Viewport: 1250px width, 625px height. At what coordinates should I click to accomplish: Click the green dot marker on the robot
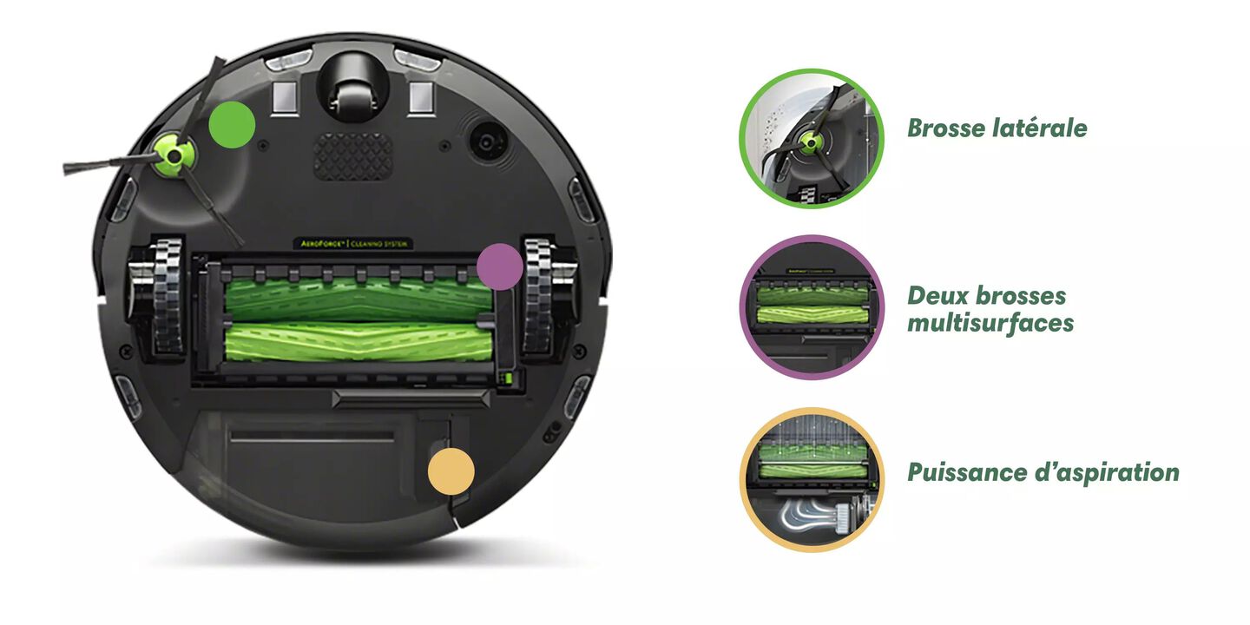click(x=232, y=125)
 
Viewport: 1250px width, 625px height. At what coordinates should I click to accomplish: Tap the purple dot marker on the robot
click(x=500, y=266)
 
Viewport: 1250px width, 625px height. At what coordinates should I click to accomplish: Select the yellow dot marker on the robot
click(x=451, y=471)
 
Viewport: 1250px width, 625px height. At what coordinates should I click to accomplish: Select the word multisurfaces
click(x=990, y=323)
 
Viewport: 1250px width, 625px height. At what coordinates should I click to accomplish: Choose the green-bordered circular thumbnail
click(x=812, y=138)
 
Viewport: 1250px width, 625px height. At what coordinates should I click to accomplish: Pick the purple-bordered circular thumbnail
click(x=812, y=307)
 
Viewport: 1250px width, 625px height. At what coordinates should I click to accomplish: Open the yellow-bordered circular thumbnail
click(x=812, y=480)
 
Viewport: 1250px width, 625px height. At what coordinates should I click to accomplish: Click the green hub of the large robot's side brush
click(x=174, y=155)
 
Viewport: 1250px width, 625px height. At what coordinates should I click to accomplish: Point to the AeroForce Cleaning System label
click(x=353, y=243)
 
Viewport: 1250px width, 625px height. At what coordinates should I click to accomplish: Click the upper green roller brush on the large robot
click(x=359, y=299)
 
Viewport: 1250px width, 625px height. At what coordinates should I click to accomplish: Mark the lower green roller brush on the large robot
click(x=359, y=341)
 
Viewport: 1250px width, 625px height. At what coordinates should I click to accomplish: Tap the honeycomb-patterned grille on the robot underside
click(x=353, y=156)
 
